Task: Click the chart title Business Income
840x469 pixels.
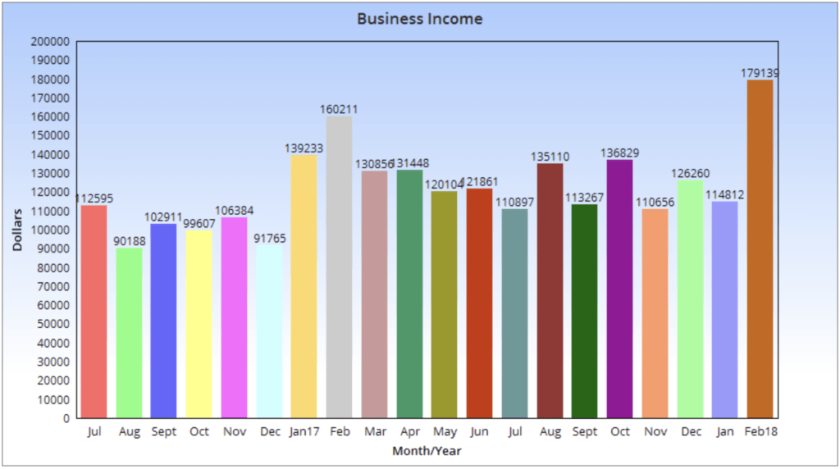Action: (x=419, y=18)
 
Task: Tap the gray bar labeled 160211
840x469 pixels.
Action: (x=339, y=266)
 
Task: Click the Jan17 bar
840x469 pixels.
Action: (x=304, y=286)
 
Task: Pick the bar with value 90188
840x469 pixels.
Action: (x=129, y=333)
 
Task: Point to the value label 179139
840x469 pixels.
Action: (x=760, y=73)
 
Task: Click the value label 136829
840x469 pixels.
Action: (x=619, y=153)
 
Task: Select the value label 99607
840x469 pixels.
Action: (x=199, y=224)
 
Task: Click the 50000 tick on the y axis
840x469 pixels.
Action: (x=52, y=324)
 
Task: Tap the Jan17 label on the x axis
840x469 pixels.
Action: (x=304, y=432)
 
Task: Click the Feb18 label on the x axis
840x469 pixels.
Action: (x=760, y=432)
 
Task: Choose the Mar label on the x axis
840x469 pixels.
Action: (x=374, y=432)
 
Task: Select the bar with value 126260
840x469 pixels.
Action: (x=690, y=298)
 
